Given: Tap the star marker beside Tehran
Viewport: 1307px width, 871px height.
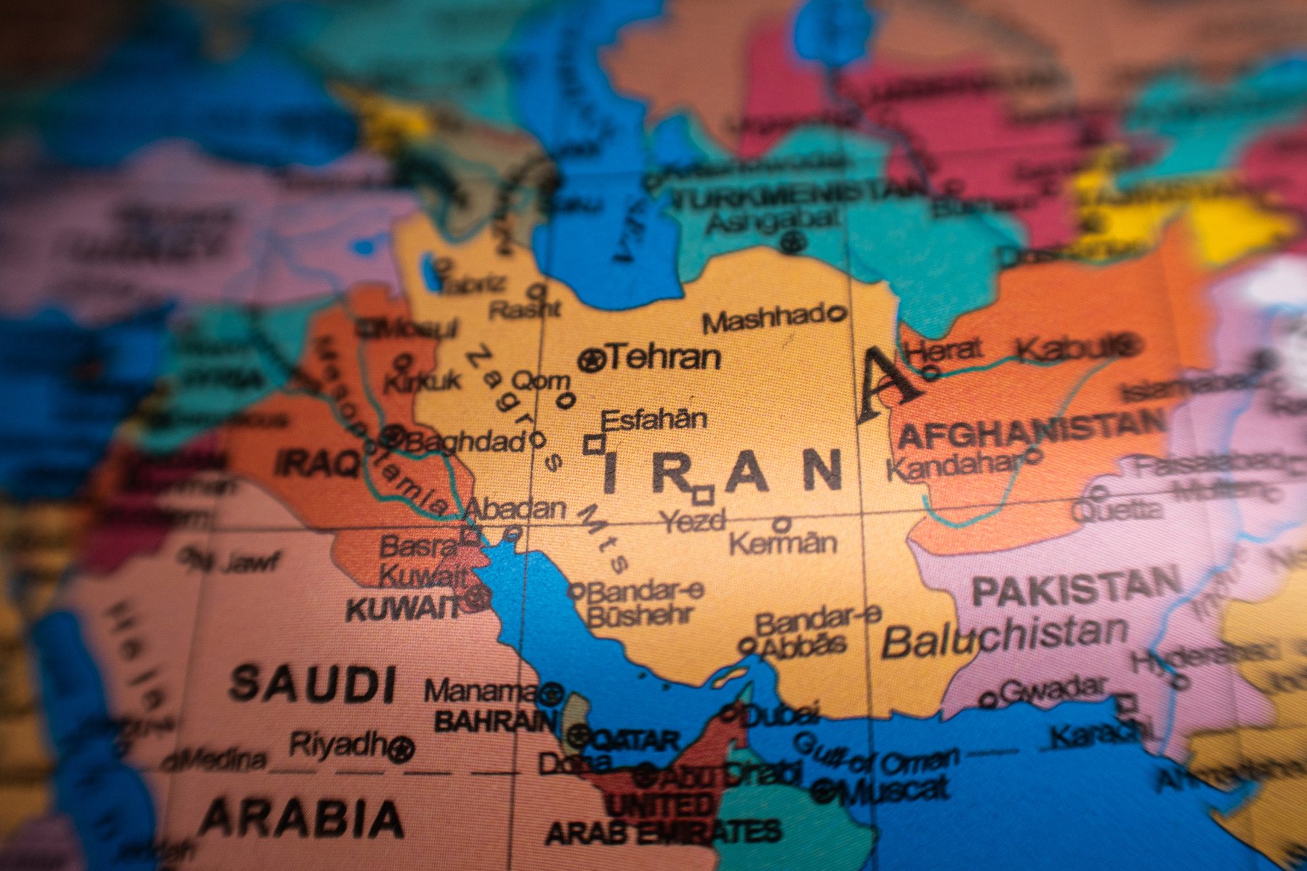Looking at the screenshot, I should coord(591,359).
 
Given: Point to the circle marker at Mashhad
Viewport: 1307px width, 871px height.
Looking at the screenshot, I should coord(836,314).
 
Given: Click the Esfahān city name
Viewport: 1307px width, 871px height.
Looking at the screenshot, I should coord(653,420).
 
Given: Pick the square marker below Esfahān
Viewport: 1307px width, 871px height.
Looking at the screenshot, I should coord(594,445).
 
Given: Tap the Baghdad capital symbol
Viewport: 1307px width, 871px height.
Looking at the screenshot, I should coord(393,437).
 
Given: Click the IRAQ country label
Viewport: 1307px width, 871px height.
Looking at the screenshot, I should coord(318,462).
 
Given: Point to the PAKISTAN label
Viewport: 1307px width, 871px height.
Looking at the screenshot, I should coord(1076,586).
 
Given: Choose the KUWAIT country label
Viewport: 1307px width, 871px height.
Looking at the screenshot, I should coord(403,608).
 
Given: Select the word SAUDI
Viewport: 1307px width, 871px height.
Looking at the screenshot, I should coord(313,683).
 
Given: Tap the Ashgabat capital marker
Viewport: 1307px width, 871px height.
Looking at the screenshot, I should coord(793,241).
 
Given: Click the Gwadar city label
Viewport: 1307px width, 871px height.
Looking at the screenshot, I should coord(1053,688).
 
